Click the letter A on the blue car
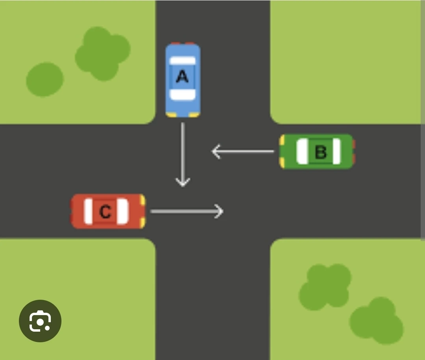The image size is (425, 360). (x=182, y=76)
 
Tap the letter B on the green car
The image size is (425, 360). (x=321, y=152)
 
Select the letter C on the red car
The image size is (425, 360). (x=105, y=212)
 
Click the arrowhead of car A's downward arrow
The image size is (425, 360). (x=183, y=182)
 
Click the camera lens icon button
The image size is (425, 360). (x=40, y=321)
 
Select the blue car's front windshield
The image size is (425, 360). (x=182, y=95)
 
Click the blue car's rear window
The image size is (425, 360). (x=182, y=61)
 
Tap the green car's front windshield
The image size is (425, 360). (x=302, y=151)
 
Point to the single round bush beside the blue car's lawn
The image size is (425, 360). (x=45, y=79)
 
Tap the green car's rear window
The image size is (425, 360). (x=336, y=151)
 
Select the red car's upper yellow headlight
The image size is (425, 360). (x=142, y=200)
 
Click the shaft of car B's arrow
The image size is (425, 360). (x=248, y=151)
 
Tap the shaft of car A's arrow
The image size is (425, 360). (x=183, y=150)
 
